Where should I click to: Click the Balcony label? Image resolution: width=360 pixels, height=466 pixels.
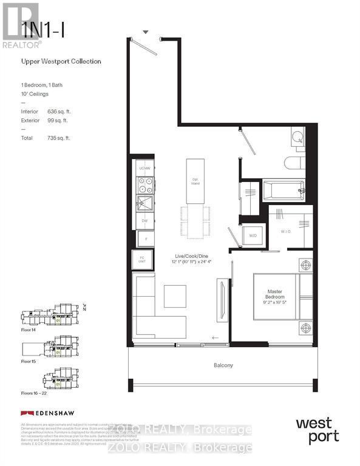[223, 365]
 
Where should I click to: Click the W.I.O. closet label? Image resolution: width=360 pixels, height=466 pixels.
[288, 231]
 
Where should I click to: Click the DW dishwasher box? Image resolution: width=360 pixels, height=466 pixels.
[144, 221]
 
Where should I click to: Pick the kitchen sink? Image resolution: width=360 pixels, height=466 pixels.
[144, 203]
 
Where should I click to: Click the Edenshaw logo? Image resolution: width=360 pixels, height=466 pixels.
[47, 413]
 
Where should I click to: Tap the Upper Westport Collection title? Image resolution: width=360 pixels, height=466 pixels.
[61, 61]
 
